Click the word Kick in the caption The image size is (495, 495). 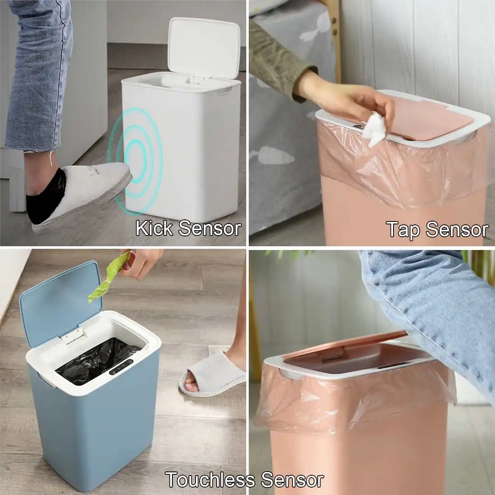pos(153,228)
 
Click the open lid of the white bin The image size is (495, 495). pos(204,45)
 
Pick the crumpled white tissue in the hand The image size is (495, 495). pos(375,126)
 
